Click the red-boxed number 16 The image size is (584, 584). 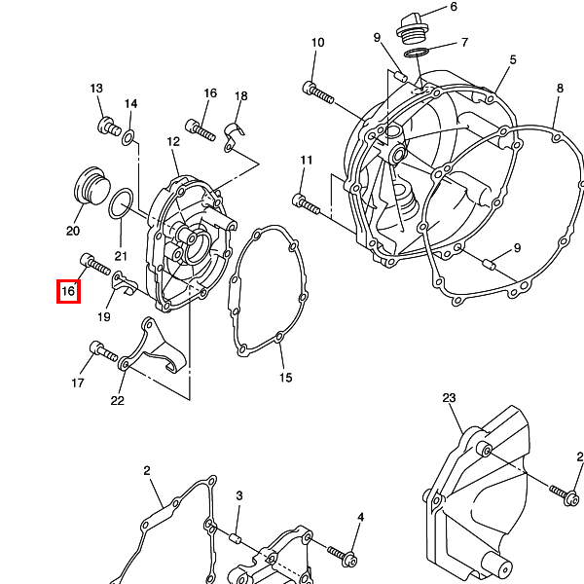[68, 291]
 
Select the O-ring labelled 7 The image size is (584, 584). [417, 53]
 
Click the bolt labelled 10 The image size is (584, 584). [318, 92]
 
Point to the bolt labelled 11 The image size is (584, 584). [307, 204]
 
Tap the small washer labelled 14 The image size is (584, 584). [128, 137]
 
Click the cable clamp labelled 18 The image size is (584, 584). [233, 136]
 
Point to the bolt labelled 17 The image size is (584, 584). [103, 351]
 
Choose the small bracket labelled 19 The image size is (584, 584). [125, 283]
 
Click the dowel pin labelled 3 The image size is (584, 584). [236, 538]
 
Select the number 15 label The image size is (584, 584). [285, 378]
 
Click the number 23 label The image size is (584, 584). [449, 398]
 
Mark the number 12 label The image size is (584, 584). [173, 141]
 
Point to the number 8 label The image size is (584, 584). [561, 89]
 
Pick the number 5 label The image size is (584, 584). [513, 60]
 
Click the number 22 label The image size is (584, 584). [118, 400]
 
